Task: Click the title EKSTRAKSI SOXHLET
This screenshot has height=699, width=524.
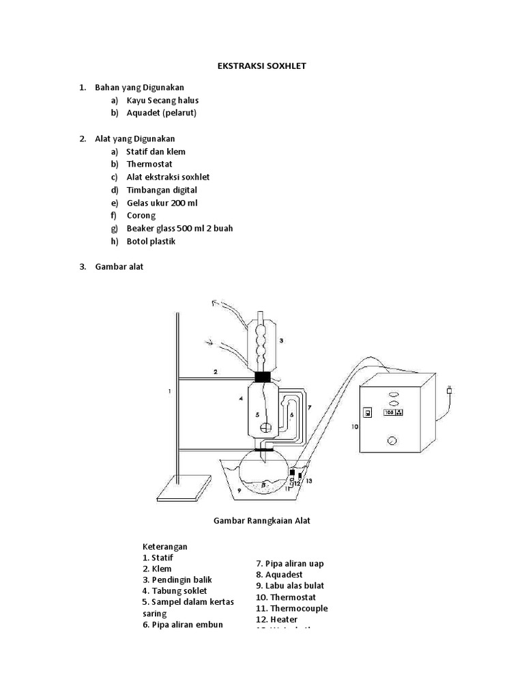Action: [x=262, y=67]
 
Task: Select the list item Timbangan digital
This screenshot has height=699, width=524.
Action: [x=161, y=190]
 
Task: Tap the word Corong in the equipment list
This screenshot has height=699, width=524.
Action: [x=141, y=216]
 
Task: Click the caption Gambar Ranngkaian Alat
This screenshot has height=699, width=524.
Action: [x=262, y=521]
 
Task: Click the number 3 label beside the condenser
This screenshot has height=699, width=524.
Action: [x=281, y=340]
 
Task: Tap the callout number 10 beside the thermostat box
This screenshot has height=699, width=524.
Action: [x=354, y=427]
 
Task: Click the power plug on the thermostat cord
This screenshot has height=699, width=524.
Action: [x=448, y=391]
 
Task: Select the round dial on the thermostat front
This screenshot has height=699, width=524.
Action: [x=392, y=441]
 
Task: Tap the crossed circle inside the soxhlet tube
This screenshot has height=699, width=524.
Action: [x=265, y=429]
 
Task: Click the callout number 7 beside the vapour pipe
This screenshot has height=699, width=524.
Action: [x=308, y=408]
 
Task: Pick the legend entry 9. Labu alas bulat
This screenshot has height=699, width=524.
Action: [x=290, y=586]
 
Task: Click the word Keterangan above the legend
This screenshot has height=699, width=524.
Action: [x=164, y=547]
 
